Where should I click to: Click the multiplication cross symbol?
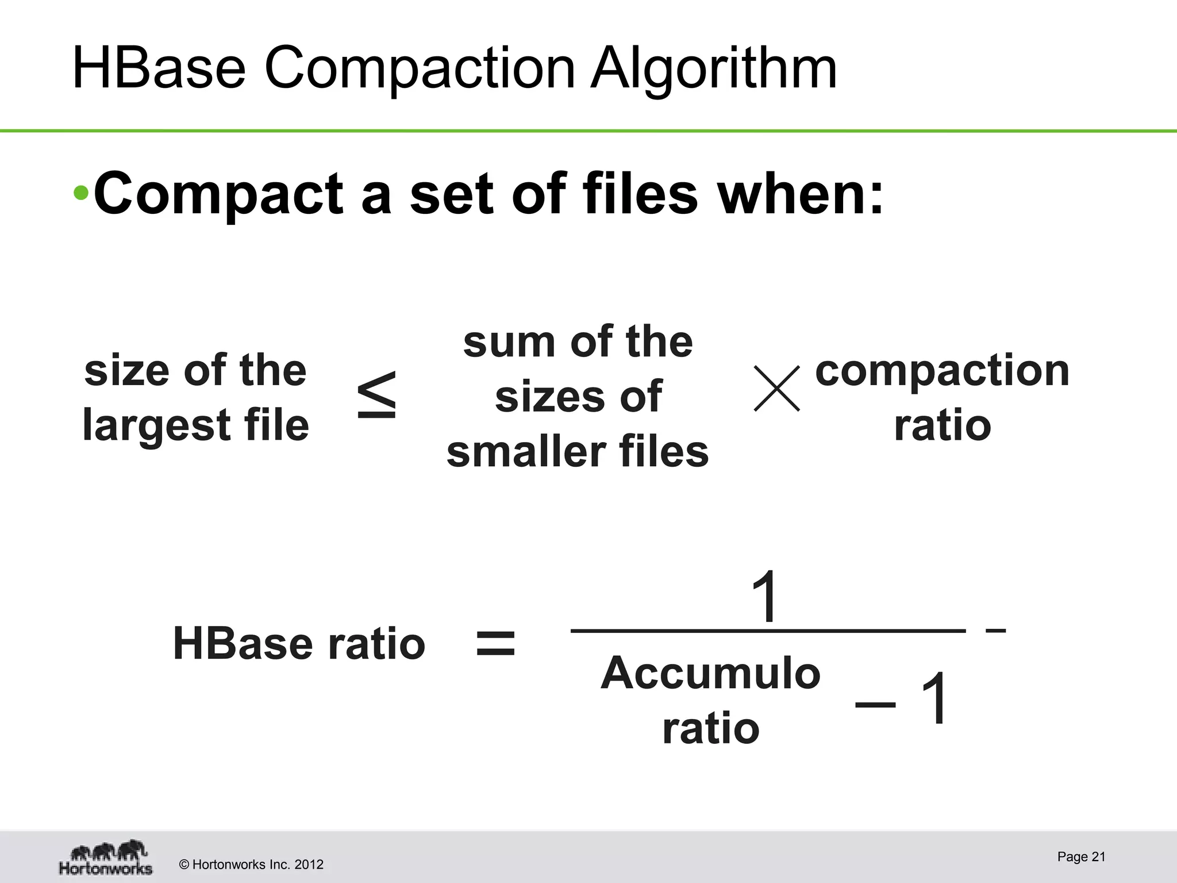point(776,389)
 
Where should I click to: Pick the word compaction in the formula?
point(942,371)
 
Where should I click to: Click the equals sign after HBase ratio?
point(496,643)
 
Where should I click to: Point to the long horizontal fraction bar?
point(768,631)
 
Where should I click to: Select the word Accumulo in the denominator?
point(711,673)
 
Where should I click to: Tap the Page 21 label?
point(1081,857)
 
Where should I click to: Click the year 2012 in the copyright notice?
point(309,865)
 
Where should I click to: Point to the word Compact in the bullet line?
point(219,194)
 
